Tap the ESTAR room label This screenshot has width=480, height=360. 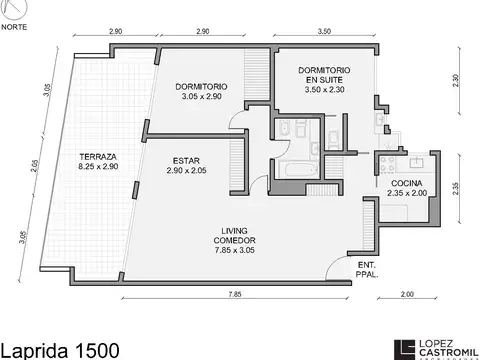coord(187,160)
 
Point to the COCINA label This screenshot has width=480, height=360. coord(407,183)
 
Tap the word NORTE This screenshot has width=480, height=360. coord(14,27)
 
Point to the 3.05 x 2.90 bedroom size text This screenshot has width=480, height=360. coord(204,98)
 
